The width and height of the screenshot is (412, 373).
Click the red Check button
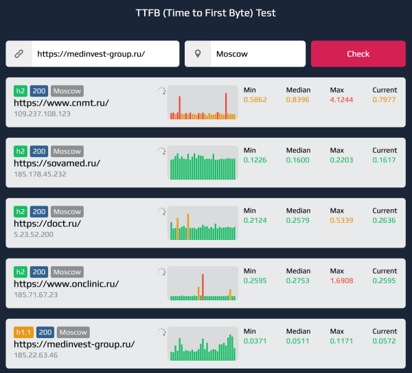click(358, 53)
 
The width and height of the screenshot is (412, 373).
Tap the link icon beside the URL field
click(19, 53)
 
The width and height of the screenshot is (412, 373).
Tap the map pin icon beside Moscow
click(198, 53)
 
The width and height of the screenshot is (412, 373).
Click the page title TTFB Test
click(206, 12)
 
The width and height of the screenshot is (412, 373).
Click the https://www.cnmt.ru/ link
click(61, 103)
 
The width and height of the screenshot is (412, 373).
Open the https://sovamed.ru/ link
click(57, 163)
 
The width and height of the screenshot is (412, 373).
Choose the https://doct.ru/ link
click(47, 224)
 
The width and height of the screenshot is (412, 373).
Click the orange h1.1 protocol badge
click(23, 333)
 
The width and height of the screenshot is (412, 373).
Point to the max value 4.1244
click(342, 100)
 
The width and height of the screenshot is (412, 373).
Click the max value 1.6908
click(342, 281)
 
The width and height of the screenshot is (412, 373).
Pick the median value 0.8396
click(298, 100)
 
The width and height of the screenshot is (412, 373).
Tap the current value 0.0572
click(385, 341)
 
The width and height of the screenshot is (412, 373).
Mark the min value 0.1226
click(255, 160)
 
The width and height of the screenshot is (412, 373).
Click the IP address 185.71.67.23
click(36, 295)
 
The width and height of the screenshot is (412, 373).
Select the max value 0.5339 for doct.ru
click(342, 221)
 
